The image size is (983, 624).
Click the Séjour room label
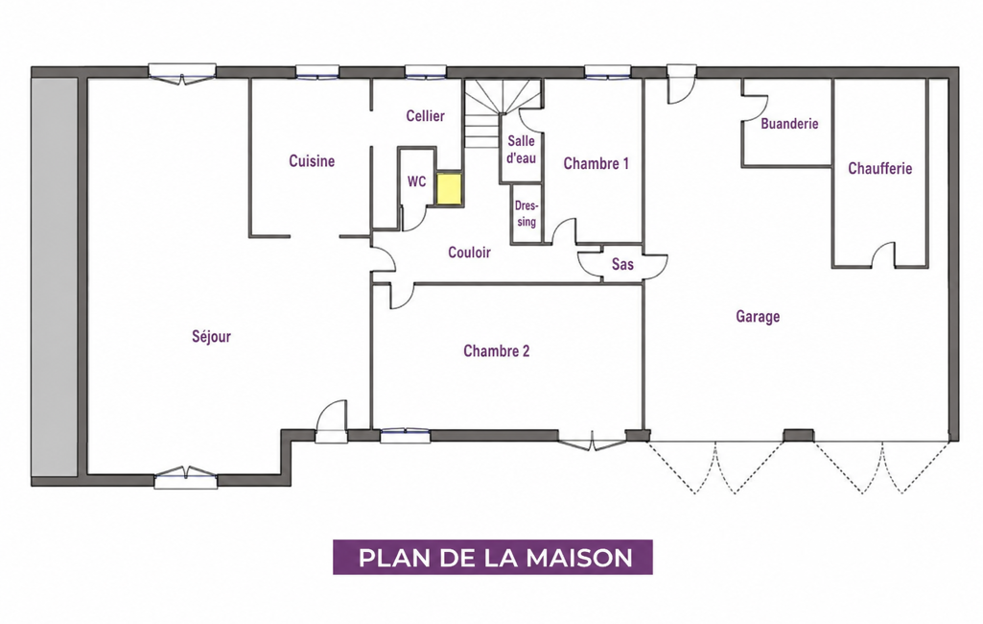coord(211,337)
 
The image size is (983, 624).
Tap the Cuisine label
coord(312,161)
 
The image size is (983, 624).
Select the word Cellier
coord(425,115)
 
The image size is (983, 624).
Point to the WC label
coord(416,181)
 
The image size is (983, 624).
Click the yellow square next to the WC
coord(449,189)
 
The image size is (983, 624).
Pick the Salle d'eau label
coord(521,150)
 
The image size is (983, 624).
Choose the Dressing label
coord(526,213)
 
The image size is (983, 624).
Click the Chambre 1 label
coord(596,164)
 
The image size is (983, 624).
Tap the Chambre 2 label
coord(496,351)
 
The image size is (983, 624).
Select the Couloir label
coord(469,252)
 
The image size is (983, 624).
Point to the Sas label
coord(622,264)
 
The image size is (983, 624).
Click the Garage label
coord(758,317)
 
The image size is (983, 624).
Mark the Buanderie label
coord(789,124)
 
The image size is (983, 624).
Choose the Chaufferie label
coord(879,168)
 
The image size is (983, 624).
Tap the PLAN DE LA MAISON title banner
coord(493,558)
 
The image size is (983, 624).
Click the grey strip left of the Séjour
coord(55,276)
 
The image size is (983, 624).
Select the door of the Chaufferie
coord(882,254)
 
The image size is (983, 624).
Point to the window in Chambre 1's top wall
coord(607,73)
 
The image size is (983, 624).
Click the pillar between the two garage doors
coord(799,435)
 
